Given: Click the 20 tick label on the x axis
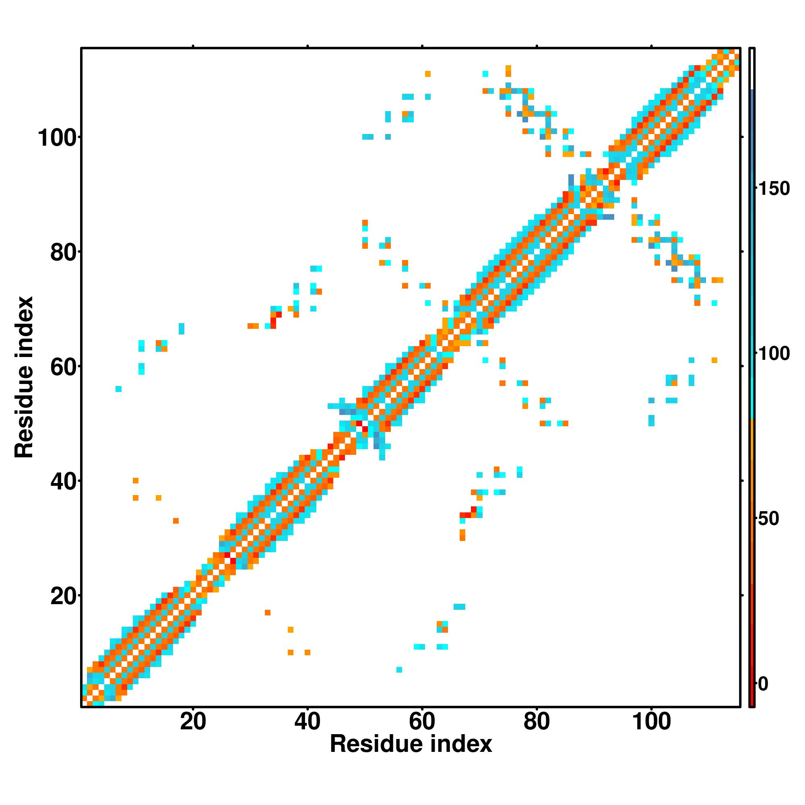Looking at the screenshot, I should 193,722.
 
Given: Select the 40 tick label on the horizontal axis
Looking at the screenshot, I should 308,722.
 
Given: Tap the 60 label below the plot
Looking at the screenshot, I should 422,722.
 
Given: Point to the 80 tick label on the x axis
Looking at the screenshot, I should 537,722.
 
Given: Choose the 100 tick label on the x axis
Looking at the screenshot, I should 652,722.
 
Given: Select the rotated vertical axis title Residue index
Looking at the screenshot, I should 24,378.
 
